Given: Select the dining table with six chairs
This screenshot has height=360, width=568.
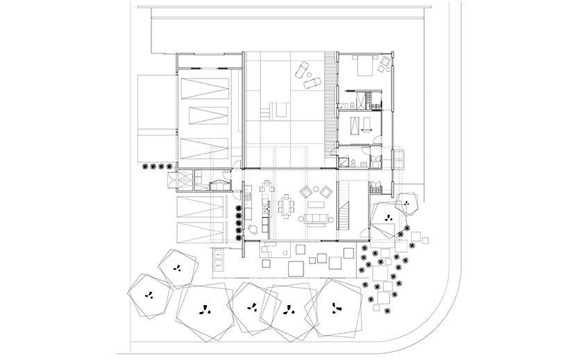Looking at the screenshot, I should point(286,206).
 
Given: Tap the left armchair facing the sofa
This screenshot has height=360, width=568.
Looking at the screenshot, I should point(306,191).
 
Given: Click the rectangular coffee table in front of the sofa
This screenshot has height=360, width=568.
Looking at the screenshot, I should point(317,205).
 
